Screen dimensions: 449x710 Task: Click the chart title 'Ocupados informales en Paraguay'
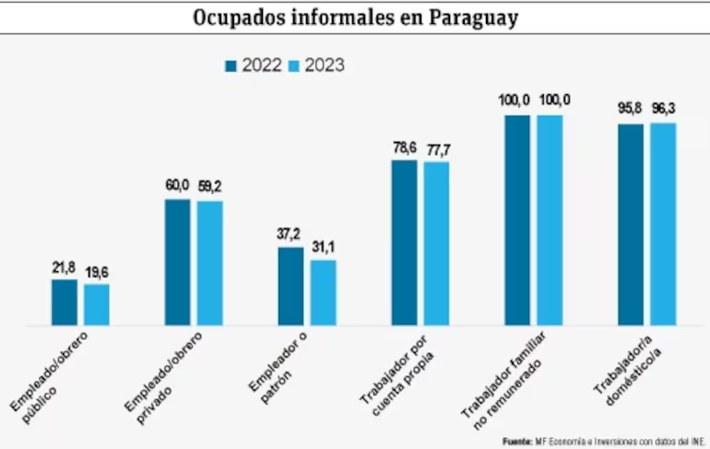tap(355, 18)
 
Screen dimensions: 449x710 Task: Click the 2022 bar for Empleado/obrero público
tap(65, 302)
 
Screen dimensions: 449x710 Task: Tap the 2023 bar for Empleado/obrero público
tap(97, 305)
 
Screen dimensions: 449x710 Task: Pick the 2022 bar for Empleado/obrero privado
tap(178, 263)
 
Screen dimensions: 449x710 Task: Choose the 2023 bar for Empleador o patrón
tap(324, 293)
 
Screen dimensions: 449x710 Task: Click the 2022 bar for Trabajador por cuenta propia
tap(404, 243)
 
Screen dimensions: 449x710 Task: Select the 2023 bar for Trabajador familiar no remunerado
tap(550, 220)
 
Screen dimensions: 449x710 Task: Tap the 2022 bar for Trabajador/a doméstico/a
tap(631, 225)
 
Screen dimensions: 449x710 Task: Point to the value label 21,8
tap(65, 266)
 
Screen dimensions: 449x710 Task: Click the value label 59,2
tap(209, 186)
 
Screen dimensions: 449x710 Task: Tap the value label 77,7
tap(436, 148)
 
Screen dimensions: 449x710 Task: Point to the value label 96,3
tap(663, 109)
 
